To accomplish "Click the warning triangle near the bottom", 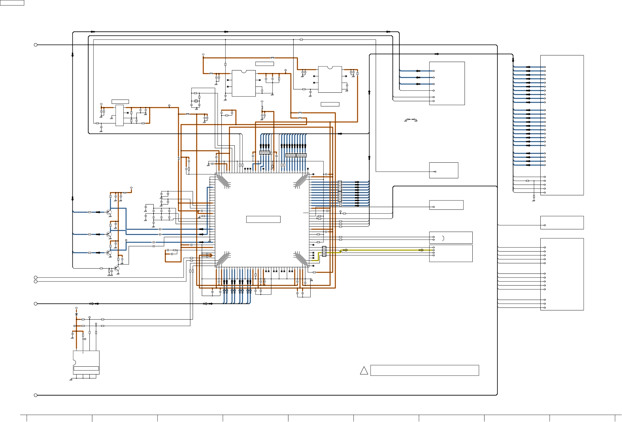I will pyautogui.click(x=364, y=371).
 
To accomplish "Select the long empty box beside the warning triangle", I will pyautogui.click(x=424, y=370).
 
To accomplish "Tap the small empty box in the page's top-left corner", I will pyautogui.click(x=12, y=3).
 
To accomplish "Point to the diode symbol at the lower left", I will pyautogui.click(x=76, y=314).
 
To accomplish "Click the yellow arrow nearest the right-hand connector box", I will pyautogui.click(x=421, y=250).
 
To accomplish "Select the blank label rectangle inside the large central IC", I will pyautogui.click(x=263, y=219).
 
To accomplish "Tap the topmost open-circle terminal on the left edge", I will pyautogui.click(x=36, y=45).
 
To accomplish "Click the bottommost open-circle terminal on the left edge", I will pyautogui.click(x=36, y=395).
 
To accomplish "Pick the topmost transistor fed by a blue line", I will pyautogui.click(x=109, y=212).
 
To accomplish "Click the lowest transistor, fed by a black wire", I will pyautogui.click(x=116, y=269).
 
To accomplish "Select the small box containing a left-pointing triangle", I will pyautogui.click(x=444, y=170).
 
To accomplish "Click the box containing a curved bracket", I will pyautogui.click(x=451, y=238).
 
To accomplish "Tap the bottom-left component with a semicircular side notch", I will pyautogui.click(x=86, y=362).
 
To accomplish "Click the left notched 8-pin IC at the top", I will pyautogui.click(x=244, y=83).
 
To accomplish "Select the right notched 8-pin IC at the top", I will pyautogui.click(x=330, y=79).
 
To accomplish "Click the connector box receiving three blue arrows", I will pyautogui.click(x=447, y=83).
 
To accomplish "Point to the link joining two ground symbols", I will pyautogui.click(x=411, y=119).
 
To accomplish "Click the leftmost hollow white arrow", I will pyautogui.click(x=92, y=304).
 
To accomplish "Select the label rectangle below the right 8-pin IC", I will pyautogui.click(x=330, y=104).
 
